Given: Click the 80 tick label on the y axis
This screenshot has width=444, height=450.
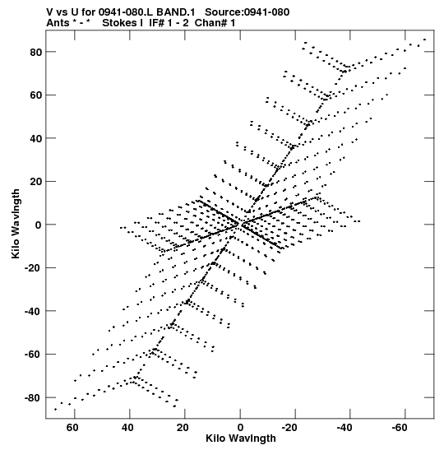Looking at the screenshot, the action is tap(35, 52).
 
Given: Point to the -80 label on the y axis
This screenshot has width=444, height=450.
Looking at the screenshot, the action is tap(33, 398).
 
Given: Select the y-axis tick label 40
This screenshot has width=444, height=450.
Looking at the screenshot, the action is tap(35, 138).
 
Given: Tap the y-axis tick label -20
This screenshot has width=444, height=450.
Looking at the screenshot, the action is tap(33, 268).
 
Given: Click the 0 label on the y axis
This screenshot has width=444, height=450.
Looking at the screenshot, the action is tap(39, 225).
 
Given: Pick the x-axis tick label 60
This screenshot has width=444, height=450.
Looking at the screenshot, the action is tap(72, 428).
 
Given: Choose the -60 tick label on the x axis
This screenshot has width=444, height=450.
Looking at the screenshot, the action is tap(400, 428).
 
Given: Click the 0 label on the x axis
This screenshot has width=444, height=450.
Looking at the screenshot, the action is tap(240, 428).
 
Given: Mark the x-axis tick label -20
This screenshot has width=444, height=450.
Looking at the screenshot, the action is tap(289, 428).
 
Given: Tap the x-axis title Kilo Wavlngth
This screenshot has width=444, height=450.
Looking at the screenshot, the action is tap(241, 438).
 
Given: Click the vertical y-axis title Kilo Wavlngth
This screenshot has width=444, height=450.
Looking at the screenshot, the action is tap(16, 224).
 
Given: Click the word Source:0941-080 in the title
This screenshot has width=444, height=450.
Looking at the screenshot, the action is tap(247, 12).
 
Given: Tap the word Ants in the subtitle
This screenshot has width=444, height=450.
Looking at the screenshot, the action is tap(58, 23).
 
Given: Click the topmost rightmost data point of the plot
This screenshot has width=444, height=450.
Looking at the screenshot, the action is tap(425, 39).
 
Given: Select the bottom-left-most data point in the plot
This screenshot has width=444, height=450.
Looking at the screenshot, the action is tap(55, 409).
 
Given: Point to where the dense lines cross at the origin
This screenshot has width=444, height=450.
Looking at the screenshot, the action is tap(240, 224).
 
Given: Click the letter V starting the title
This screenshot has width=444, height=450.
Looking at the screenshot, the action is tap(49, 12).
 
